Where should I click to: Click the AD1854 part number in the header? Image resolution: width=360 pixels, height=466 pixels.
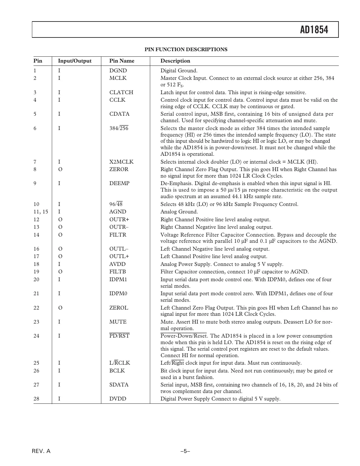tap(314, 30)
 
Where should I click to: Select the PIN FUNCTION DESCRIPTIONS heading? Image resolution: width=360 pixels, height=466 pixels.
tap(186, 50)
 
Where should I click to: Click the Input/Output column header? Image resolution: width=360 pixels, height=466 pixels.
tap(75, 61)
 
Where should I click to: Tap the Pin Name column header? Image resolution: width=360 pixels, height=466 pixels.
tap(122, 61)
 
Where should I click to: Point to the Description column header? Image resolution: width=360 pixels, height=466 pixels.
tap(175, 61)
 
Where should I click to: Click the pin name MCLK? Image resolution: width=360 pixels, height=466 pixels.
tap(118, 78)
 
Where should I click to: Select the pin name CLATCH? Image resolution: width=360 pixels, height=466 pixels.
tap(121, 93)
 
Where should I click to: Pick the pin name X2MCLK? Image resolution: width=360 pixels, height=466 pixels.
tap(121, 162)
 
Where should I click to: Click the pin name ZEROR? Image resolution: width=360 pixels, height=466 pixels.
tap(119, 169)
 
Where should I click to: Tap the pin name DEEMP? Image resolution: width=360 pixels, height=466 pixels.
tap(119, 183)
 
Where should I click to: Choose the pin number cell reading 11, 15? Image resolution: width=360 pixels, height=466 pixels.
tap(41, 212)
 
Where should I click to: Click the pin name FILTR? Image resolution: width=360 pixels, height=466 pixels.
tap(118, 235)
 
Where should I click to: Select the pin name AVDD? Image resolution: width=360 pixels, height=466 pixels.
tap(117, 264)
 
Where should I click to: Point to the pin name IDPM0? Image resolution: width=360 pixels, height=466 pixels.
tap(118, 294)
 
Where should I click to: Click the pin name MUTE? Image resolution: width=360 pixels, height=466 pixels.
tap(118, 322)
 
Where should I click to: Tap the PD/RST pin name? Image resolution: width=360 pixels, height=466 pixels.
tap(119, 336)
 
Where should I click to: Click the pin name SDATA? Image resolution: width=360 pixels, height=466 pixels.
tap(119, 385)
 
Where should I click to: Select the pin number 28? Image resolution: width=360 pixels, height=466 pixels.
tap(36, 399)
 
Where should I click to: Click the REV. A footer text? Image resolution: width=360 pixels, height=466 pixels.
tap(41, 451)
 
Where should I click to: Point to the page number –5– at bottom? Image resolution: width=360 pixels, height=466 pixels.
tap(185, 451)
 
